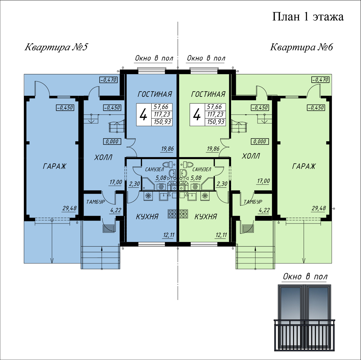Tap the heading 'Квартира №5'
(56, 47)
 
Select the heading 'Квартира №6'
(301, 47)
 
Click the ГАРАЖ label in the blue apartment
(54, 166)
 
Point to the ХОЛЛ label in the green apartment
(251, 156)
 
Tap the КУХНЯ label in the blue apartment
(147, 217)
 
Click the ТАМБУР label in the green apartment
(253, 202)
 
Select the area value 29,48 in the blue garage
(69, 208)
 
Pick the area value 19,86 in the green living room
(213, 149)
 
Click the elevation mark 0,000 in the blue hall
(112, 142)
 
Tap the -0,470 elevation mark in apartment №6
(320, 80)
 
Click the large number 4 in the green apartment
(197, 115)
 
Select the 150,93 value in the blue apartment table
(162, 122)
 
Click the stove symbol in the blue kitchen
(172, 214)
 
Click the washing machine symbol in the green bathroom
(195, 187)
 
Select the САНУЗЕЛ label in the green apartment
(202, 169)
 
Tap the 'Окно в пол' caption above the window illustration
(305, 276)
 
